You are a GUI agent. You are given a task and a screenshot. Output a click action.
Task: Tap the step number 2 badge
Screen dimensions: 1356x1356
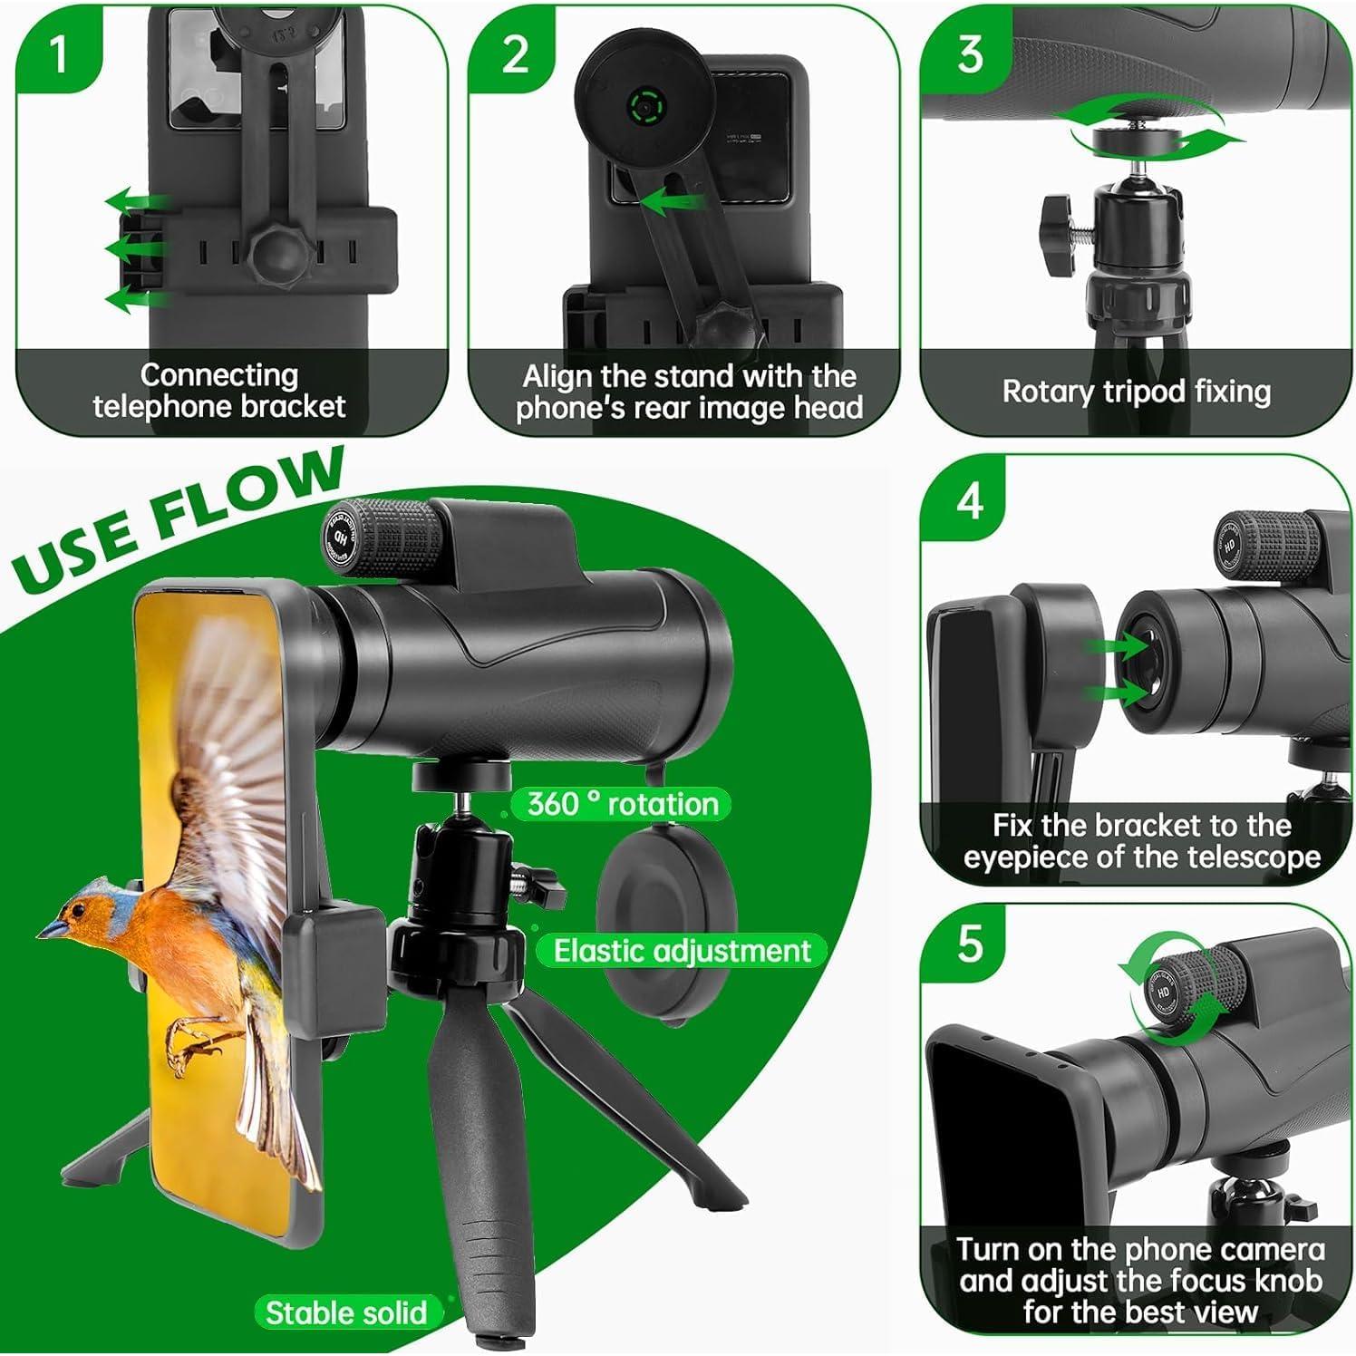tap(514, 54)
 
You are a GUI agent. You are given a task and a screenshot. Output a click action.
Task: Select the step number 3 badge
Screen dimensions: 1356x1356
tap(969, 54)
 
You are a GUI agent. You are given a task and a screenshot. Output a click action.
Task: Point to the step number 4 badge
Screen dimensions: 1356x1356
tap(969, 499)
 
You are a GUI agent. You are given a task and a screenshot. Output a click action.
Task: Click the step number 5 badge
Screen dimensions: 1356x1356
tap(969, 944)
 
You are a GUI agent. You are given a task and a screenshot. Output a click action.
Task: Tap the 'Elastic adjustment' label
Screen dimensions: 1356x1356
tap(682, 951)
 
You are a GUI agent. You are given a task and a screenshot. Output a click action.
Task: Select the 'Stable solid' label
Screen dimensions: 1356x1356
tap(345, 1312)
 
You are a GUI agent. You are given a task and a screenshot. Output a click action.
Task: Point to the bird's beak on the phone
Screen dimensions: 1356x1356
tap(50, 928)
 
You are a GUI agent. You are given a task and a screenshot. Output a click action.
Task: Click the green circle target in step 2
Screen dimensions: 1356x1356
tap(644, 110)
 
